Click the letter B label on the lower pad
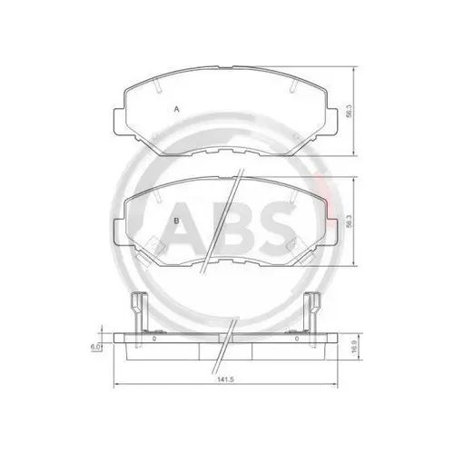point(175,221)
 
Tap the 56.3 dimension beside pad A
point(350,113)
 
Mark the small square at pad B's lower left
point(154,242)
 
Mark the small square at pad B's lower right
point(296,242)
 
